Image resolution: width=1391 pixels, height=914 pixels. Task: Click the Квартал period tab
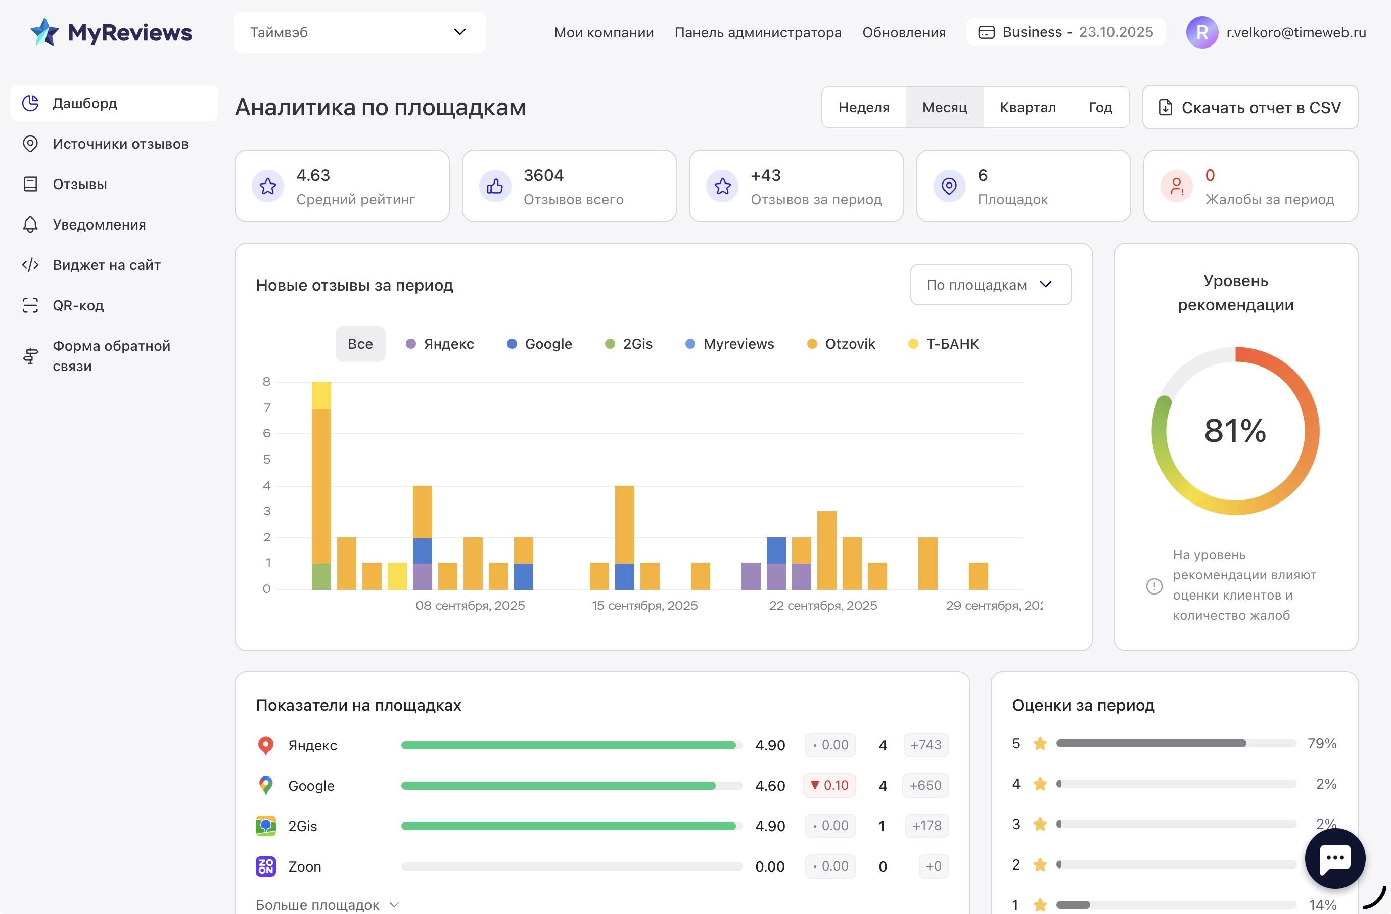1028,108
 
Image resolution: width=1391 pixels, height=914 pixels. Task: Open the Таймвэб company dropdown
359,33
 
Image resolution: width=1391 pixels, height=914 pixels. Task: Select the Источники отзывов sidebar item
120,144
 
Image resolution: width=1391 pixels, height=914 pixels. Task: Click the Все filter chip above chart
360,344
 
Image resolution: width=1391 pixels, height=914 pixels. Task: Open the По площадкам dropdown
990,285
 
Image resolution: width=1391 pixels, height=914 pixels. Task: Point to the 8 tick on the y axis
266,382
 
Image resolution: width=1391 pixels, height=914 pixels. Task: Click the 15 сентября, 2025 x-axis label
644,606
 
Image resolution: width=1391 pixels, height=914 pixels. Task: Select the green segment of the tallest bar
321,576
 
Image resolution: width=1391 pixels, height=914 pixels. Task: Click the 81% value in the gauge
1235,431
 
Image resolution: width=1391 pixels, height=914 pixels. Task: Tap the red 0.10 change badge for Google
829,786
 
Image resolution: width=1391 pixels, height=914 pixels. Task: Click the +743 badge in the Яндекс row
926,745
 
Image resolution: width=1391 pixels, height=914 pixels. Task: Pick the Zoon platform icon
265,866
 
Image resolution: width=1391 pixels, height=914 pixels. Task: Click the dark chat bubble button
1335,858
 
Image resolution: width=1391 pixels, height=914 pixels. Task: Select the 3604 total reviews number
543,175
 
